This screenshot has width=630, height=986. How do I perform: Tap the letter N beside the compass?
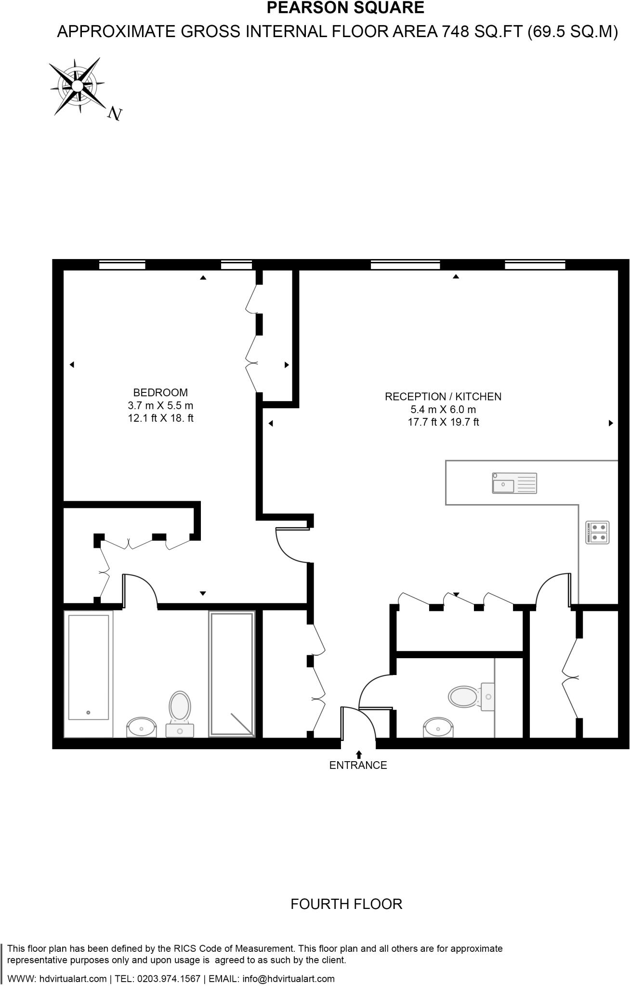pyautogui.click(x=115, y=114)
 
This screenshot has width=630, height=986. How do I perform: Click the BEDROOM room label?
pyautogui.click(x=160, y=392)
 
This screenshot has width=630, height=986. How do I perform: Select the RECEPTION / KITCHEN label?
pyautogui.click(x=443, y=397)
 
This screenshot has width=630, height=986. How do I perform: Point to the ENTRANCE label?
pyautogui.click(x=358, y=765)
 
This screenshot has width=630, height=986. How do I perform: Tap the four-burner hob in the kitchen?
pyautogui.click(x=598, y=532)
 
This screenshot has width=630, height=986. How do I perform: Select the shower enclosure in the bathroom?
pyautogui.click(x=232, y=674)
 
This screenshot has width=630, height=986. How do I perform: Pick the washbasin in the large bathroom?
pyautogui.click(x=141, y=728)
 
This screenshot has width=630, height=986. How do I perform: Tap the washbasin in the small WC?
pyautogui.click(x=438, y=728)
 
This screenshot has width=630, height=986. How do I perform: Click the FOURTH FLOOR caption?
pyautogui.click(x=346, y=904)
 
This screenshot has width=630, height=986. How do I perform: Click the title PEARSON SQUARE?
pyautogui.click(x=345, y=8)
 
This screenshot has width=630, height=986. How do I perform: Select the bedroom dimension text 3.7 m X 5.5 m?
pyautogui.click(x=160, y=405)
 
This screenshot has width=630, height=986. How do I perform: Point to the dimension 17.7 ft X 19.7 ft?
pyautogui.click(x=443, y=423)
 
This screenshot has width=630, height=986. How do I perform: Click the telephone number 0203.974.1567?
pyautogui.click(x=168, y=979)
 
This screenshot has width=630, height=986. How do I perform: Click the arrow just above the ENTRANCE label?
pyautogui.click(x=358, y=753)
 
